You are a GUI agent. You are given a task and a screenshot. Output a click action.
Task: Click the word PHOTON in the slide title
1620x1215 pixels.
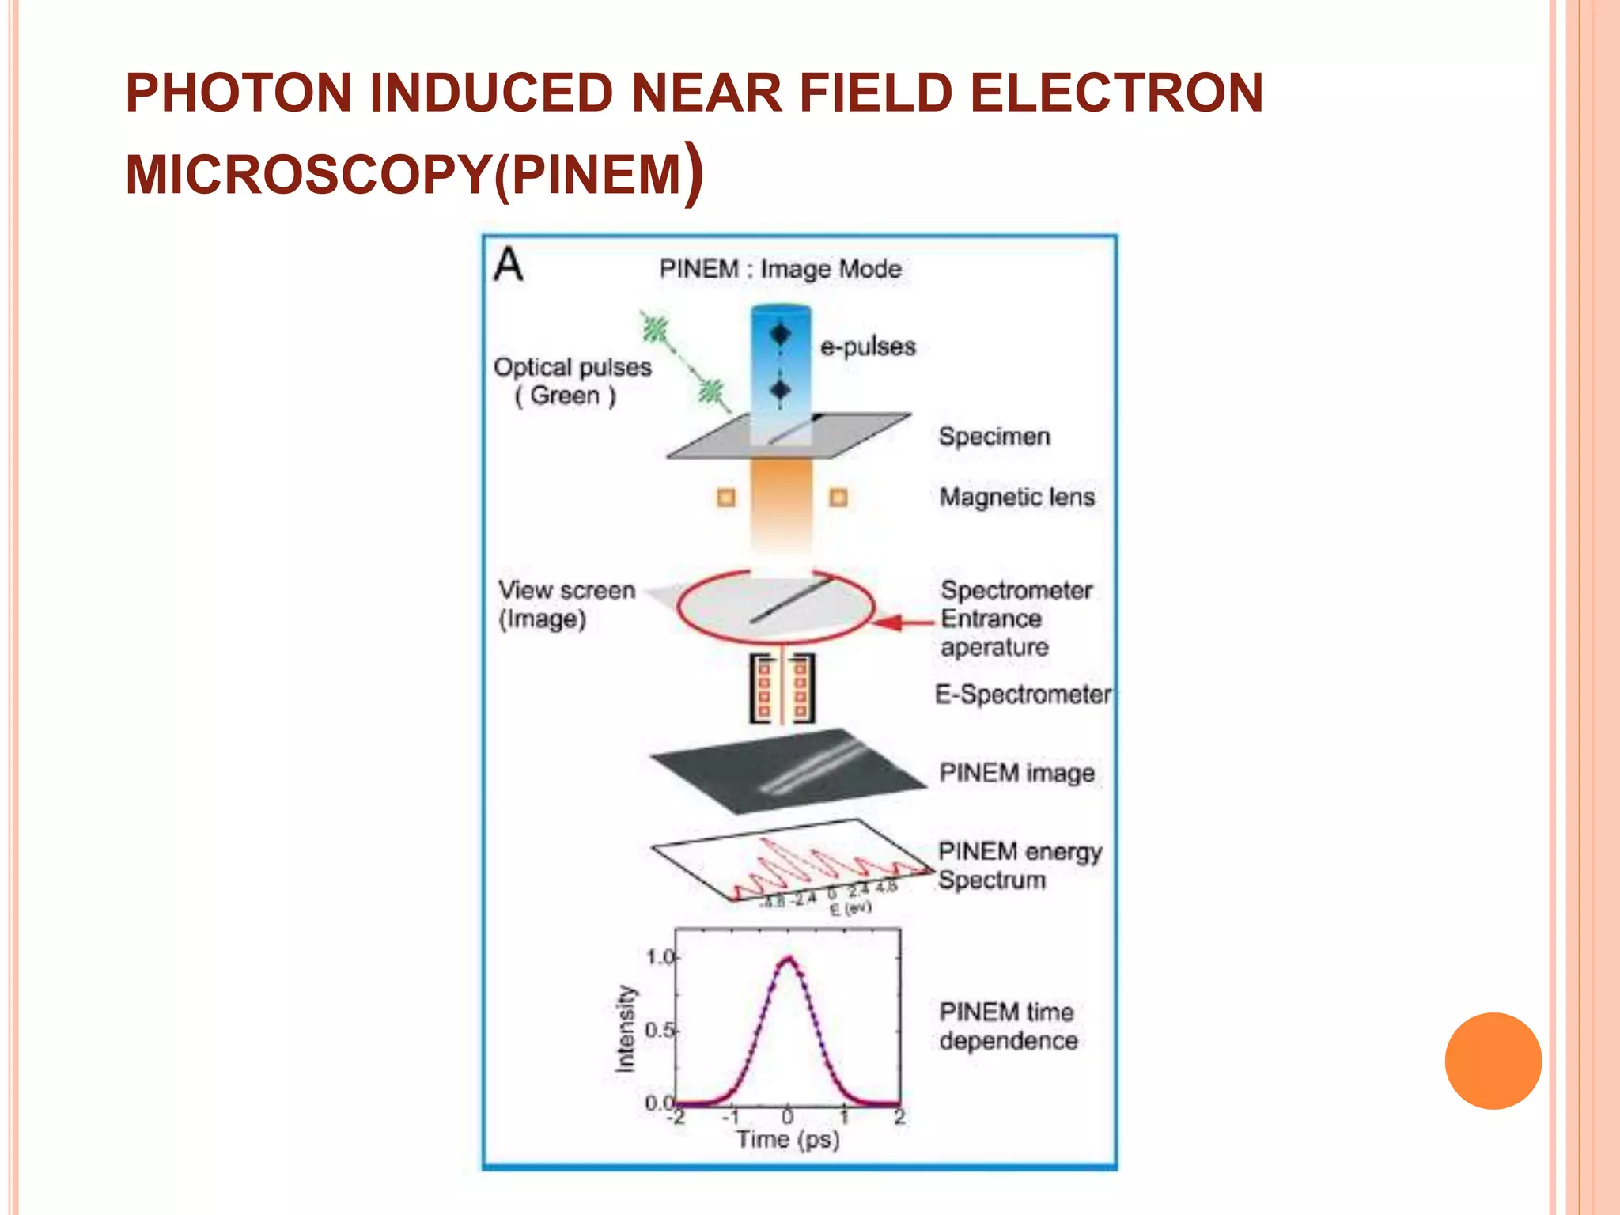coord(238,93)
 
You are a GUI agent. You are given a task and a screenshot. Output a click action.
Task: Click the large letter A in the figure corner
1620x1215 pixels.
coord(509,264)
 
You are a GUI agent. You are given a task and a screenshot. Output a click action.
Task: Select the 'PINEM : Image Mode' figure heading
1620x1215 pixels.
coord(780,269)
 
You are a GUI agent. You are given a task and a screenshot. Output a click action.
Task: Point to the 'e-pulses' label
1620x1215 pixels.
coord(868,346)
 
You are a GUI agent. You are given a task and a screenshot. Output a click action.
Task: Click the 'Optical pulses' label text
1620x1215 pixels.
coord(572,367)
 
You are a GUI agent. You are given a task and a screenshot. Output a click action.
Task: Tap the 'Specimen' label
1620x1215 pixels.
coord(994,437)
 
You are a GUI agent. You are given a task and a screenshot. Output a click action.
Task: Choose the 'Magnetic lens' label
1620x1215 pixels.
coord(1016,498)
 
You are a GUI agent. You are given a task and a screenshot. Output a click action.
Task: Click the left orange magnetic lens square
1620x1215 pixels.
coord(726,498)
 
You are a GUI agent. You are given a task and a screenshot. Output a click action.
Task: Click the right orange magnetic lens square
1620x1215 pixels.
coord(838,498)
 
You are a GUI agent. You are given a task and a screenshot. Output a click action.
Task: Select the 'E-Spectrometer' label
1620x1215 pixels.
coord(1023,695)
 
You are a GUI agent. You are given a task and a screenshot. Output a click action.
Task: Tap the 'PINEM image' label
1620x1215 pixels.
coord(1016,773)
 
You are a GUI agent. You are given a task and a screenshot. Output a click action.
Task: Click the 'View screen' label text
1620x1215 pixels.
coord(566,590)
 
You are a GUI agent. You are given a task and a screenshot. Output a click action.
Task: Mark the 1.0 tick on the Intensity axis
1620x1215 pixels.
coord(661,957)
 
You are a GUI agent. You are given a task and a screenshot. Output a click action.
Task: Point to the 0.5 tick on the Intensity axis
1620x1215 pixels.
coord(661,1030)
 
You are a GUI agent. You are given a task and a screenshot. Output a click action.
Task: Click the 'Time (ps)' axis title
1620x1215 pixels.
coord(788,1140)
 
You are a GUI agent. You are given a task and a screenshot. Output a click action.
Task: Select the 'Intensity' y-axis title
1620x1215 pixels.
coord(625,1029)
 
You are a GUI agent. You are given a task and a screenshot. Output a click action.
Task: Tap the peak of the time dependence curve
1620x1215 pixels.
coord(788,960)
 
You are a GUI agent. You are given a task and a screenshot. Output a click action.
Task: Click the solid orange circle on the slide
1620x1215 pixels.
coord(1493,1061)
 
